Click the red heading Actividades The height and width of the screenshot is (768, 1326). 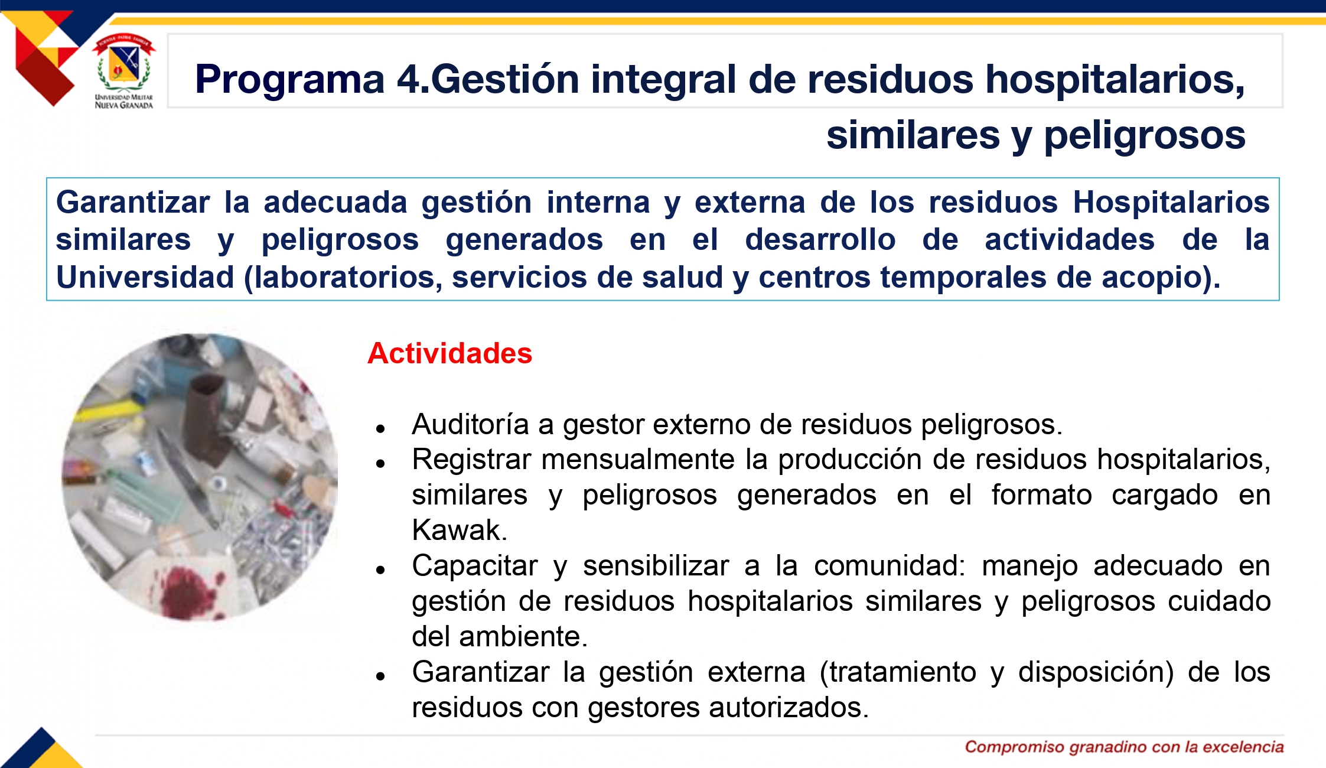point(449,353)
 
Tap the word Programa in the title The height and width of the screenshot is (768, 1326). point(290,79)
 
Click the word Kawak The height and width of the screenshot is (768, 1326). point(460,530)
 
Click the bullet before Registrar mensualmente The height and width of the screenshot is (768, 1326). point(380,464)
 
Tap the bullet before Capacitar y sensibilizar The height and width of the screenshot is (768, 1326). point(380,570)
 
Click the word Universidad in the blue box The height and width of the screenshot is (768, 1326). point(145,277)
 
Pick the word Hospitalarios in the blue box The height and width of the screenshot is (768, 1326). point(1171,202)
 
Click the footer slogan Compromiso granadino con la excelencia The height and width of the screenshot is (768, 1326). point(1124,747)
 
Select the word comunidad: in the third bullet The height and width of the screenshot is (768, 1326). point(890,566)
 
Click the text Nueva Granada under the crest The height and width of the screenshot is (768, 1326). point(124,105)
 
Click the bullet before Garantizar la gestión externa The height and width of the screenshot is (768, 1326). point(380,676)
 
